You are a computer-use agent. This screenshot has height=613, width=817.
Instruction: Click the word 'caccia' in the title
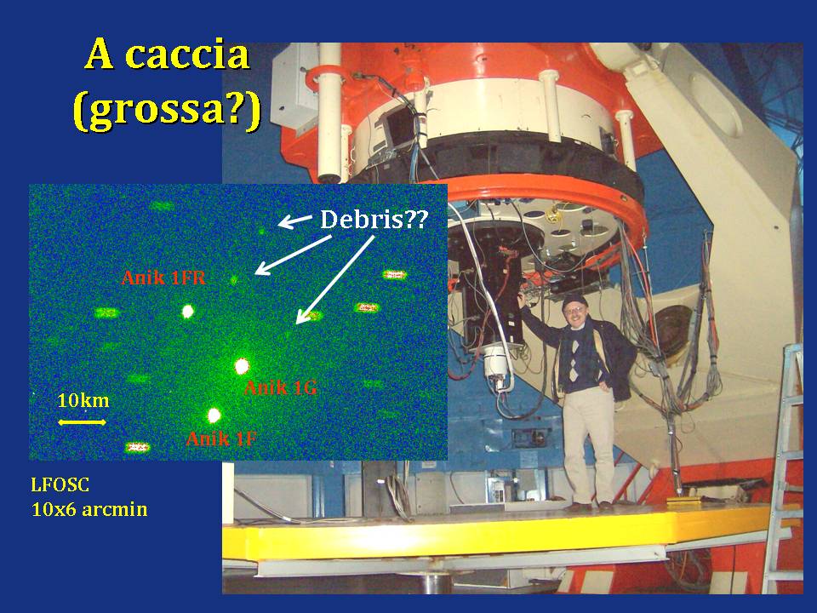(x=187, y=54)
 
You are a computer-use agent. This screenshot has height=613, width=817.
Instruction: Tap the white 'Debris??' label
(x=374, y=220)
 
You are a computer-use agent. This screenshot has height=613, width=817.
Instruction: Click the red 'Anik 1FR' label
(x=163, y=278)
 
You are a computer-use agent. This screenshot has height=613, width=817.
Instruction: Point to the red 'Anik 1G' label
(x=280, y=388)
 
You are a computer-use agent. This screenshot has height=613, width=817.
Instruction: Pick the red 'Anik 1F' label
(x=221, y=439)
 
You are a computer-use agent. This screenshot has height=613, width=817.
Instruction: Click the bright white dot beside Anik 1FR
(x=187, y=312)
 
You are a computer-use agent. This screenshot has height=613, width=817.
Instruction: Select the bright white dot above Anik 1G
(x=241, y=366)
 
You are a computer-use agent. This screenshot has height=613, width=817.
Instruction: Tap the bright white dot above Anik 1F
(x=214, y=415)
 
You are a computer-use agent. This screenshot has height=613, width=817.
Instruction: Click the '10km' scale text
(x=83, y=400)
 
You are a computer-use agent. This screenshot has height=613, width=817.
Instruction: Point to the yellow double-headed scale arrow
(x=82, y=422)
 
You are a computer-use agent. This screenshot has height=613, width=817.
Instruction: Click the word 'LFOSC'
(x=60, y=485)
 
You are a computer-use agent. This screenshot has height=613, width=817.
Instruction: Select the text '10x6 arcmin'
(x=89, y=509)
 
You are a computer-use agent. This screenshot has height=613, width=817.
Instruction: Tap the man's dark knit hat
(x=574, y=301)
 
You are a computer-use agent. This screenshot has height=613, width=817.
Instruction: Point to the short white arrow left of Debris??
(x=295, y=221)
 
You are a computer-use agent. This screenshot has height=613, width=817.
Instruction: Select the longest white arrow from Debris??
(x=335, y=280)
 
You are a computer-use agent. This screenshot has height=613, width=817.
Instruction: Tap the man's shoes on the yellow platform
(x=591, y=506)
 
